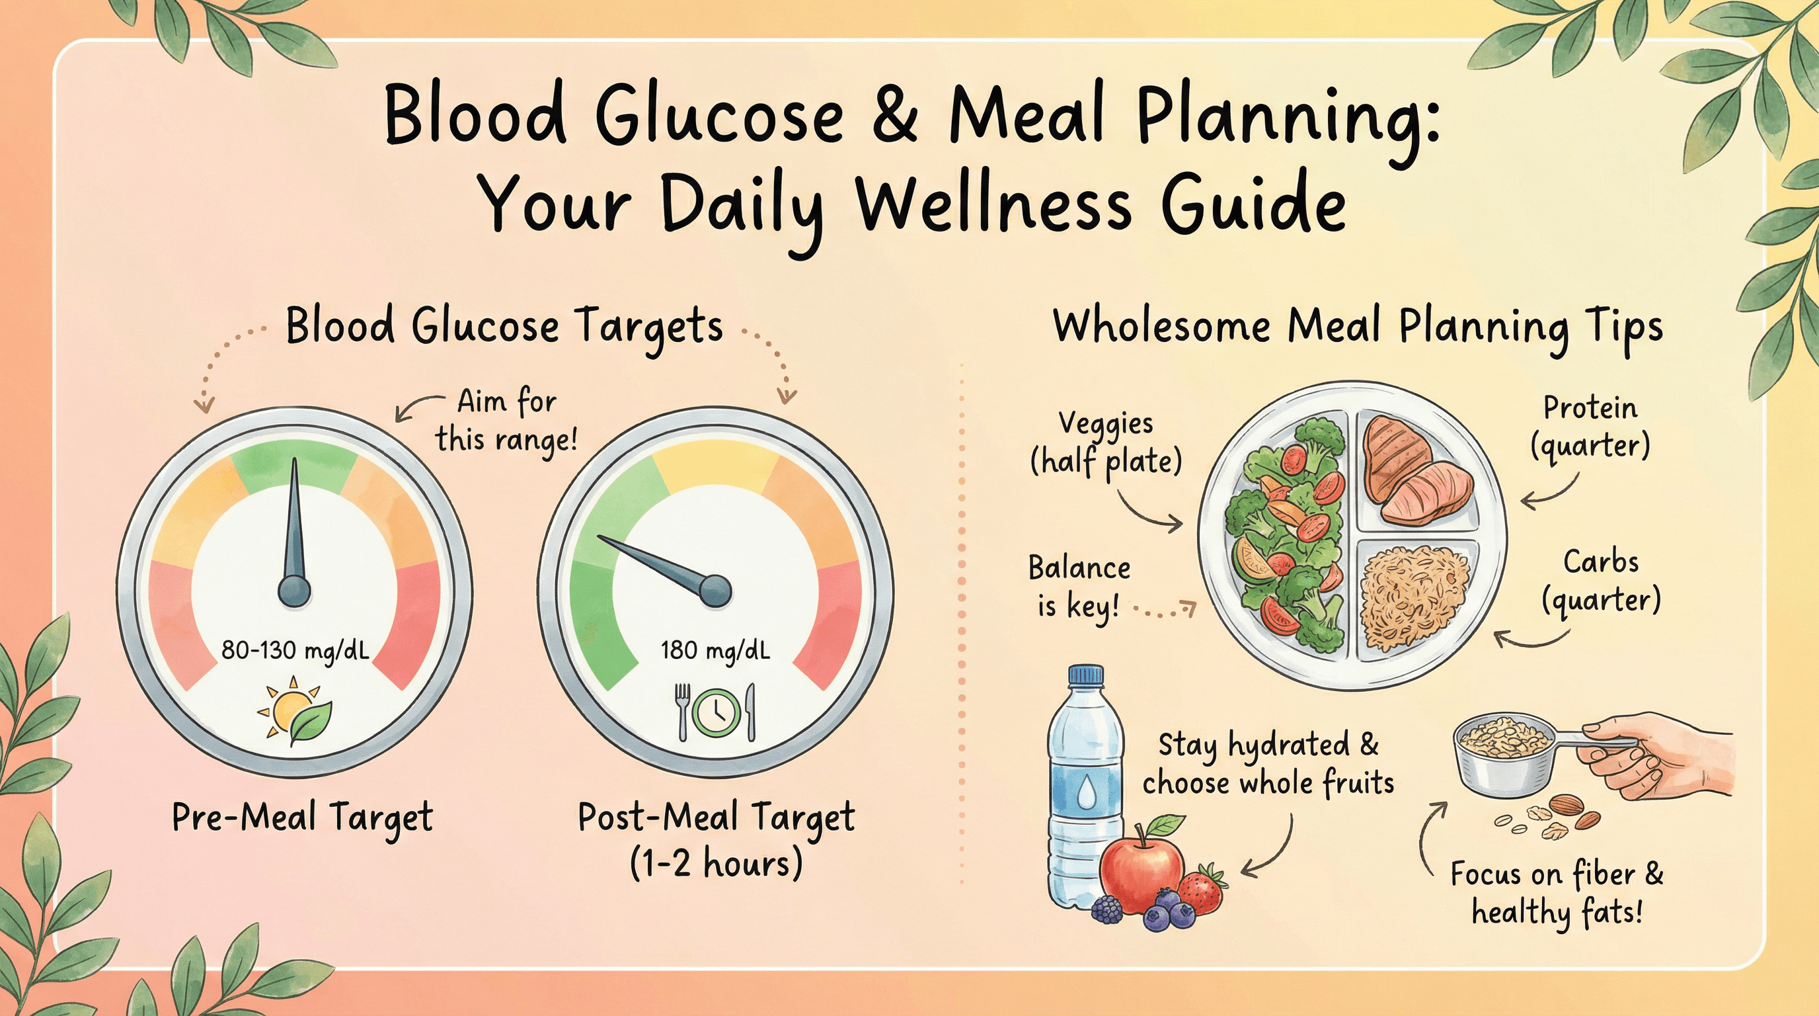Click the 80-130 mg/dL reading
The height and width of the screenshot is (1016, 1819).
[295, 650]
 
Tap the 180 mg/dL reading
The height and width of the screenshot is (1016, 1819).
[715, 650]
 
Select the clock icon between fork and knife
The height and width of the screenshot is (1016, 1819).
[716, 712]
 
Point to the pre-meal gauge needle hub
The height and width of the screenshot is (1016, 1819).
[293, 590]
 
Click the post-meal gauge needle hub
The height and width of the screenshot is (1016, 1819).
[715, 591]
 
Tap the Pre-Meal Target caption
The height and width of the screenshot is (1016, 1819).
[302, 819]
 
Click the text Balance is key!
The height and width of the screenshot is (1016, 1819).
[1079, 585]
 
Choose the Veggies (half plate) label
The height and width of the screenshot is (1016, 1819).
[1106, 443]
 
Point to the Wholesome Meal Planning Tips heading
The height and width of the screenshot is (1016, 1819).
[1358, 328]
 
